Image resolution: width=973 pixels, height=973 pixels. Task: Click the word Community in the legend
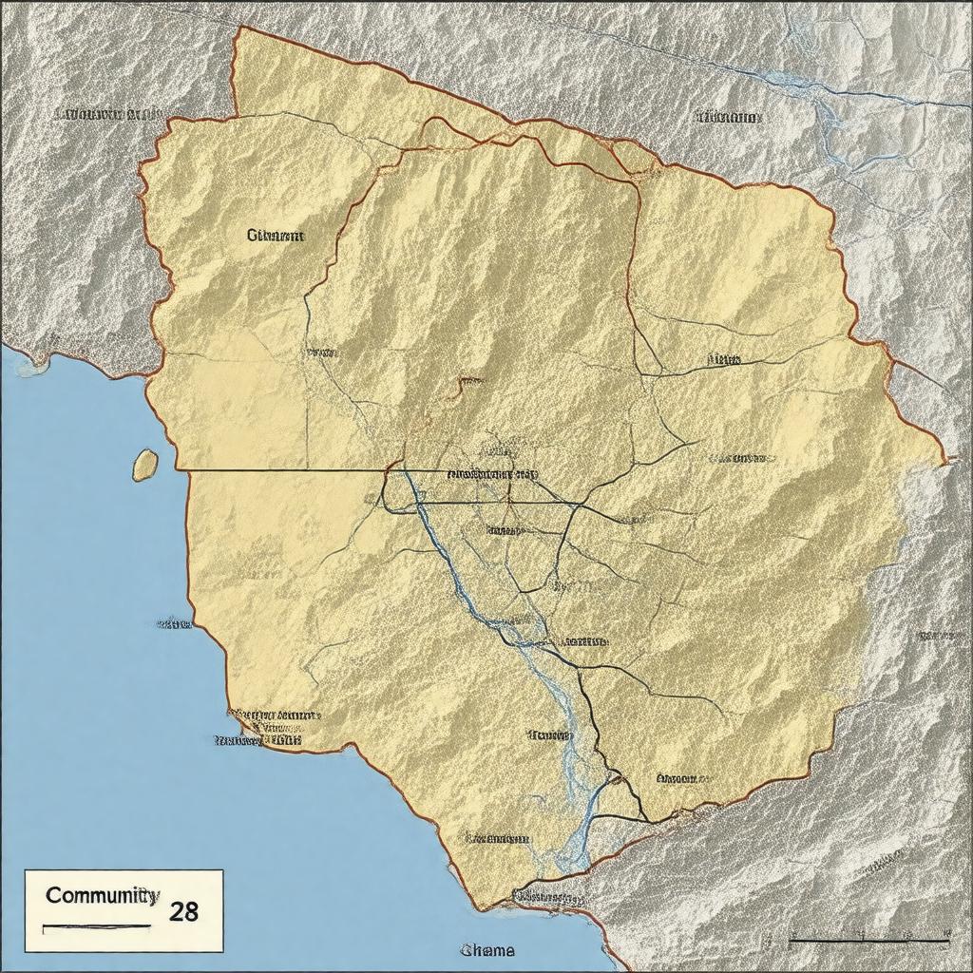coord(101,895)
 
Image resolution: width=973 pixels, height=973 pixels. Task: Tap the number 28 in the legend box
coord(184,911)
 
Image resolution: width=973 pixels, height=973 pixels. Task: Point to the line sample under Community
coord(96,925)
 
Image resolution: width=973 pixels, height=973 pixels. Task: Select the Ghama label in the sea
coord(487,950)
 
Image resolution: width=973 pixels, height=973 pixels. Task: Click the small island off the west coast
coord(144,465)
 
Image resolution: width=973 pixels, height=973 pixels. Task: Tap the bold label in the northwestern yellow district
coord(276,236)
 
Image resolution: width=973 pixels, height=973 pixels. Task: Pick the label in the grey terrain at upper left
coord(107,116)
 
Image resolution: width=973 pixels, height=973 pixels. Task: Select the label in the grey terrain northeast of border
coord(730,119)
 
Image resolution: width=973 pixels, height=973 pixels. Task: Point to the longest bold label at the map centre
coord(492,472)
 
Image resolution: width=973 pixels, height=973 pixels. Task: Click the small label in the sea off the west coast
coord(174,624)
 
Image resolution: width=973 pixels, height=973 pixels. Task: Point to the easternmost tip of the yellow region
coord(946,461)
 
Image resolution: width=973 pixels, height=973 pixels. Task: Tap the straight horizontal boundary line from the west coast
coord(285,469)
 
